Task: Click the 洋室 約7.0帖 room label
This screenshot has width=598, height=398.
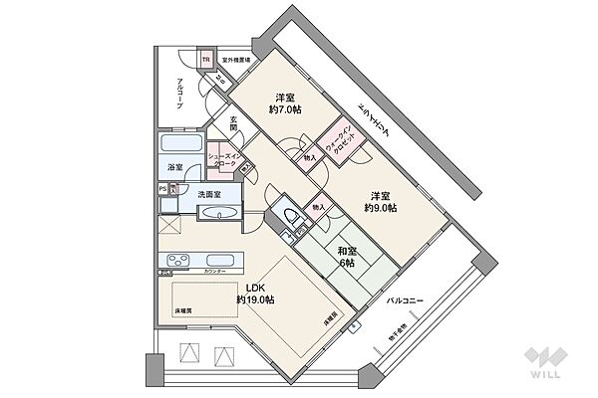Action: point(285,104)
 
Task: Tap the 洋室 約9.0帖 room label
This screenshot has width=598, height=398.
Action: point(380,201)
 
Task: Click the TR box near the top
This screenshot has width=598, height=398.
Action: point(206,60)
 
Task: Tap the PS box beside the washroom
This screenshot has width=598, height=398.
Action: point(161,187)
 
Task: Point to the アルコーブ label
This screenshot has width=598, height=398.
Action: point(179,93)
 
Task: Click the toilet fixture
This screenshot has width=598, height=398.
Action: point(290,218)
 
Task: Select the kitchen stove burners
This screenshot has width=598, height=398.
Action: point(177,262)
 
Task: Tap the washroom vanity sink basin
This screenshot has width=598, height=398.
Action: point(221,215)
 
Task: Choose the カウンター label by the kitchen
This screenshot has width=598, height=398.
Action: point(215,271)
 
